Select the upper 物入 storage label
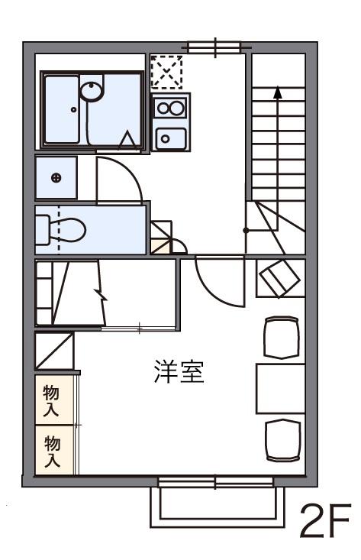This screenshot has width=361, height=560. click(x=52, y=399)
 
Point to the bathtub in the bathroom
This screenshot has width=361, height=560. click(x=65, y=111)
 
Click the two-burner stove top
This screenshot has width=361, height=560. click(x=170, y=108)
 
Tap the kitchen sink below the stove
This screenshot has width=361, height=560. click(x=170, y=137)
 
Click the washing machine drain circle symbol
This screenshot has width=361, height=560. click(x=56, y=178)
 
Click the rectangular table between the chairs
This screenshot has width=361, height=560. click(x=279, y=388)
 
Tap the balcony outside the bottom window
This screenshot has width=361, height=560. click(x=213, y=505)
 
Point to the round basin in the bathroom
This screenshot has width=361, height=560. click(x=92, y=90)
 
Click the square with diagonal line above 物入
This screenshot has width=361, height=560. click(x=53, y=351)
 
